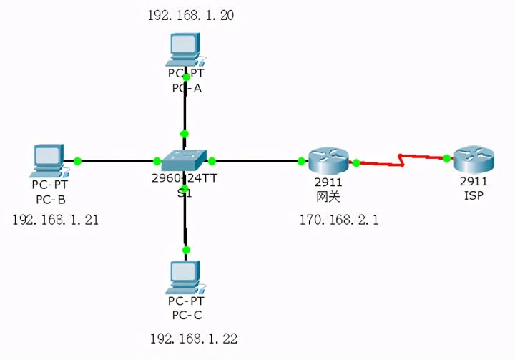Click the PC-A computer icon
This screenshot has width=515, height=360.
tap(185, 49)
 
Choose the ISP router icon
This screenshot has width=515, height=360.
tap(473, 159)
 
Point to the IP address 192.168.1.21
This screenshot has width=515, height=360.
tap(55, 220)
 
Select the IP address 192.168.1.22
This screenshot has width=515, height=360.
tap(193, 338)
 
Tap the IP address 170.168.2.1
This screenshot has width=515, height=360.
tap(338, 220)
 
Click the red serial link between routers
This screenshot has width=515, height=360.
tap(401, 162)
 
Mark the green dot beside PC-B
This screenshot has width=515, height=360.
tap(78, 161)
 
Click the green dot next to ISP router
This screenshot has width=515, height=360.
tap(446, 158)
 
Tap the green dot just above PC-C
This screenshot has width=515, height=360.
tap(187, 250)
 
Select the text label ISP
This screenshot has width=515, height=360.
tap(474, 195)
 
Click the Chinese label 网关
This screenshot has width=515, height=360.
tap(329, 195)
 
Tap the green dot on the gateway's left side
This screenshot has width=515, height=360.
tap(301, 161)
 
